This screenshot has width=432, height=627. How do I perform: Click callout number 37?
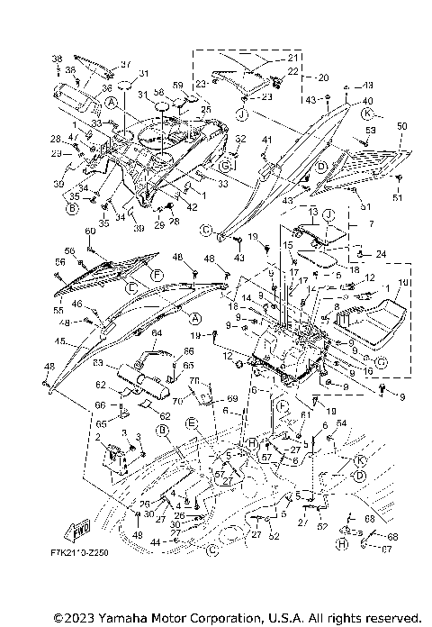(x=126, y=64)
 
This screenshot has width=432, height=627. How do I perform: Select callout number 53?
(x=370, y=131)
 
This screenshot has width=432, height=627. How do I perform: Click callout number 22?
(x=293, y=71)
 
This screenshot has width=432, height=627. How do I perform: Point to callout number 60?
(x=90, y=232)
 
